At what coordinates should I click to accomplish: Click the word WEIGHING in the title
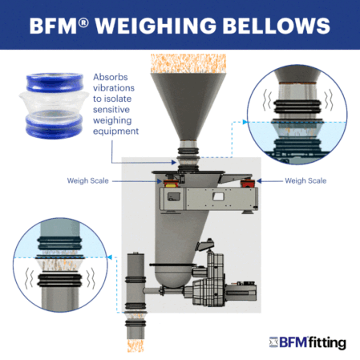[x=156, y=26]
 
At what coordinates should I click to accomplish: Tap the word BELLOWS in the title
[x=277, y=26]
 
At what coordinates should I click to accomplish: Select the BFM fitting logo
[x=307, y=342]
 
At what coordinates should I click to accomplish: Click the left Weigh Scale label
[x=88, y=180]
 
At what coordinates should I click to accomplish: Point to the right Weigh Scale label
[x=305, y=180]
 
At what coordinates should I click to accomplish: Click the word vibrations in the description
[x=114, y=88]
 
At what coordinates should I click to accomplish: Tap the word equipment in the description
[x=115, y=131]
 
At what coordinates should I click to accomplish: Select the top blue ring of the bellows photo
[x=55, y=83]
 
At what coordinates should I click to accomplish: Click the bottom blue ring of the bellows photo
[x=55, y=127]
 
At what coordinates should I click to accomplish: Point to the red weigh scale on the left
[x=170, y=183]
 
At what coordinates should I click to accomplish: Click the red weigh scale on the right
[x=248, y=183]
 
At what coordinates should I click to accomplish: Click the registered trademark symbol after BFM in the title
[x=83, y=22]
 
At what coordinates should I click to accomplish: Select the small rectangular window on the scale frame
[x=218, y=196]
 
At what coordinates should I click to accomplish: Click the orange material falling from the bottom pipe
[x=136, y=346]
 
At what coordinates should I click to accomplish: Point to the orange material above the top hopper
[x=188, y=63]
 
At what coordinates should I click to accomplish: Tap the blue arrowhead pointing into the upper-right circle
[x=245, y=122]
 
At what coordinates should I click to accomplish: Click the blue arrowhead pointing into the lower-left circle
[x=109, y=257]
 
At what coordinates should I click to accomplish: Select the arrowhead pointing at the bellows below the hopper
[x=174, y=162]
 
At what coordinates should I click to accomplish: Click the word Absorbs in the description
[x=111, y=77]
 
